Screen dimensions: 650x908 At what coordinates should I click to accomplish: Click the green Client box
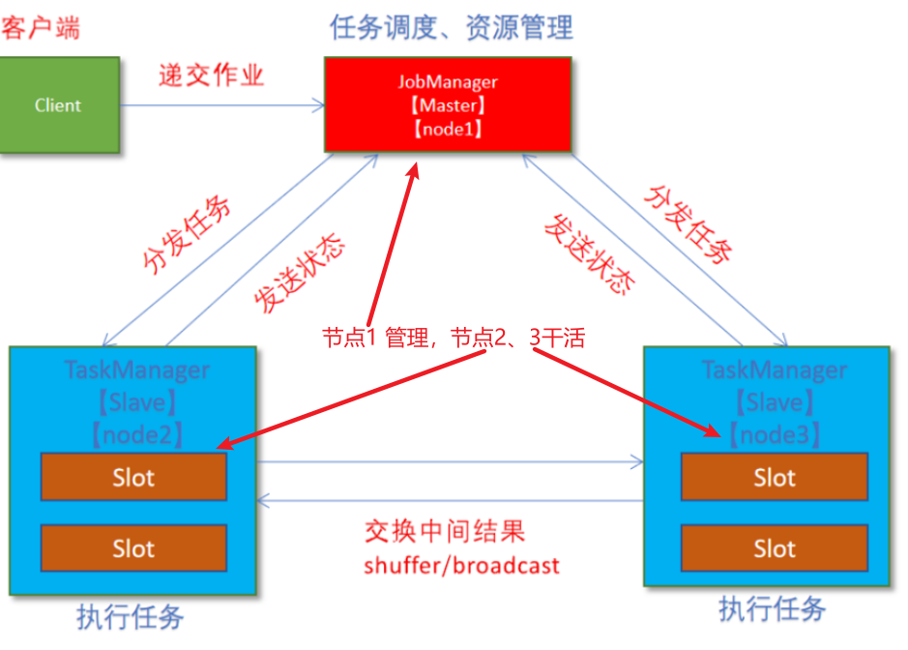(x=59, y=104)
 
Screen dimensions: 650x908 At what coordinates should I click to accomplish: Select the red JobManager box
(x=447, y=104)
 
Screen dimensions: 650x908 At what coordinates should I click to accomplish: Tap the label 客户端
(x=40, y=28)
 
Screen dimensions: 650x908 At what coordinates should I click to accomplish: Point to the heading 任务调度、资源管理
(x=452, y=27)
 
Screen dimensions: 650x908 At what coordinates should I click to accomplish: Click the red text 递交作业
(x=211, y=76)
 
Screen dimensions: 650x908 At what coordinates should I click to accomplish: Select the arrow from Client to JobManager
(x=221, y=104)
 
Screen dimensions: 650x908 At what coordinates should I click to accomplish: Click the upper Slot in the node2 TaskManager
(x=133, y=477)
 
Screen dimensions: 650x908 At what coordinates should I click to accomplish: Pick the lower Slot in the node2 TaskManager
(x=133, y=548)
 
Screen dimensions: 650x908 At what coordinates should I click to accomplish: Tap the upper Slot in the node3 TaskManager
(x=775, y=477)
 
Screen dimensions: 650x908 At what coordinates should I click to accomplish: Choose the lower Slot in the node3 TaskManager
(x=775, y=548)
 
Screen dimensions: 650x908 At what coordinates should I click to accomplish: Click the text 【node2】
(x=136, y=434)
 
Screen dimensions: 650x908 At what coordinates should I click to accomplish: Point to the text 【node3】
(x=775, y=434)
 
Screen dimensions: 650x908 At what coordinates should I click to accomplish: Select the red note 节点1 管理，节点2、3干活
(x=454, y=338)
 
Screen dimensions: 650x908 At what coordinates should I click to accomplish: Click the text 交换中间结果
(x=445, y=532)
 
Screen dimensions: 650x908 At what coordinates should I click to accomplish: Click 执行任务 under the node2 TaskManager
(x=131, y=617)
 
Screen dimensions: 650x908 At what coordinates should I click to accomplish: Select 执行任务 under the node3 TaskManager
(x=772, y=609)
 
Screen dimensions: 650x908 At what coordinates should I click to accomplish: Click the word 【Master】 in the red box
(x=447, y=105)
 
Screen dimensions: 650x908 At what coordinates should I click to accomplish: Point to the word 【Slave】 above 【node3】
(x=775, y=402)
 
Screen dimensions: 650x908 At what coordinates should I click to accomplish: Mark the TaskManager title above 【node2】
(x=136, y=369)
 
